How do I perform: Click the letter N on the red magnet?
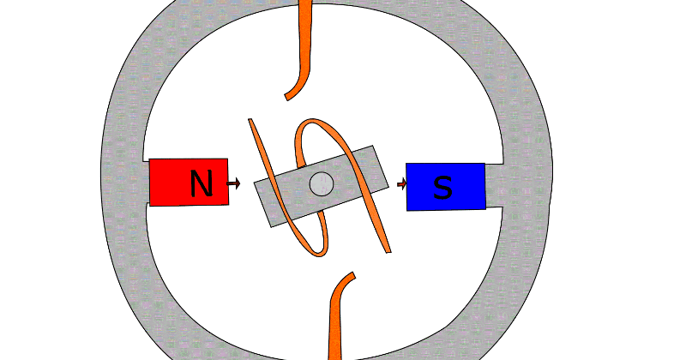pyautogui.click(x=201, y=183)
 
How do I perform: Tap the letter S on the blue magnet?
pyautogui.click(x=442, y=187)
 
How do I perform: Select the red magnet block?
pyautogui.click(x=171, y=182)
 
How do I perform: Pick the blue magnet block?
pyautogui.click(x=467, y=186)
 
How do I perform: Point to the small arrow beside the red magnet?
pyautogui.click(x=233, y=183)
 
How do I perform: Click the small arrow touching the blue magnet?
pyautogui.click(x=402, y=183)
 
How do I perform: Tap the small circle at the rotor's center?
pyautogui.click(x=321, y=183)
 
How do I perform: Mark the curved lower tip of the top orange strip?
pyautogui.click(x=292, y=93)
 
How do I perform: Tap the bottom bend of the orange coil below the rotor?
pyautogui.click(x=319, y=252)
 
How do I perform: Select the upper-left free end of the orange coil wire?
pyautogui.click(x=251, y=122)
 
